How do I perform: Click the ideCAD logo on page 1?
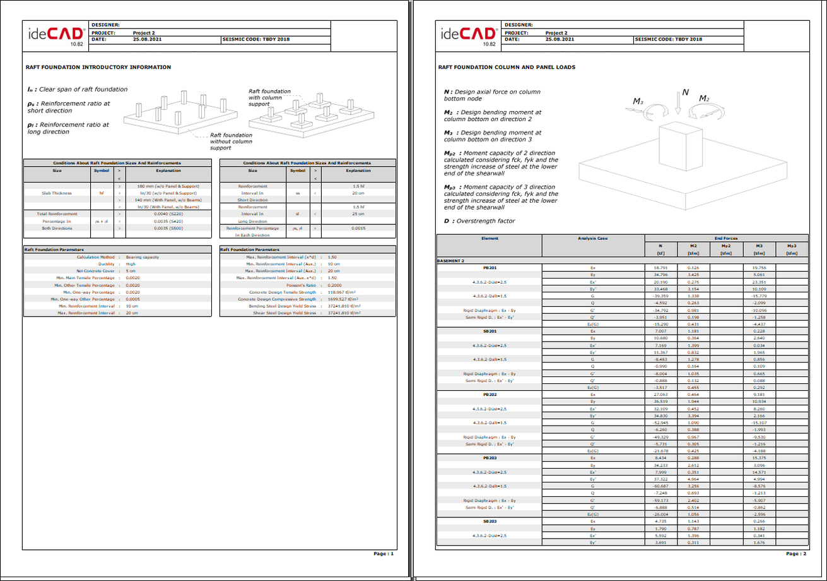point(56,35)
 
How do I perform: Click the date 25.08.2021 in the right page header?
point(559,39)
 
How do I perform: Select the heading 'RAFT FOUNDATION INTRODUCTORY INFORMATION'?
point(98,66)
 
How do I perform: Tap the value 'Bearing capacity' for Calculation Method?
point(142,257)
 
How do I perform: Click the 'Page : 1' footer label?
point(383,553)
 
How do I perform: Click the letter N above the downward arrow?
point(686,93)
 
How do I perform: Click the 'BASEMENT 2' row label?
point(451,260)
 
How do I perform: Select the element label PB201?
point(490,268)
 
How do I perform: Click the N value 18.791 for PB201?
point(661,268)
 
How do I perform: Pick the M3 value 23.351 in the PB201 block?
point(759,282)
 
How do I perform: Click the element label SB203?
point(490,522)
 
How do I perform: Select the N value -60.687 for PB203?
point(661,486)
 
